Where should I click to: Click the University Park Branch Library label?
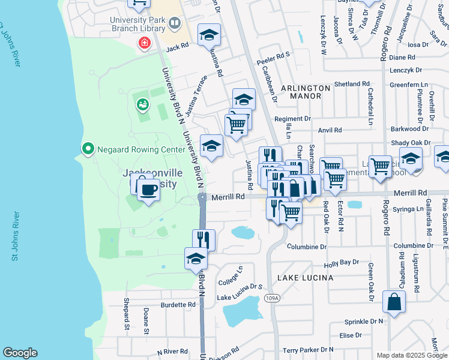138,23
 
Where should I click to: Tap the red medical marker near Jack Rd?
144,43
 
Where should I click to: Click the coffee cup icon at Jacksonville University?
148,190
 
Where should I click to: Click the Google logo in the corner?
20,353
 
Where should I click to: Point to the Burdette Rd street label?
178,305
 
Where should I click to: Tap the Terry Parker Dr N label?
308,350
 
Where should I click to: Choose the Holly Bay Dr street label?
341,263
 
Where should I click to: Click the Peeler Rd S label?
274,54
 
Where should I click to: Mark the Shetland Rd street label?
352,84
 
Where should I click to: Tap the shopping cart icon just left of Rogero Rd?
380,166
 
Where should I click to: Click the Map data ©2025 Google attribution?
411,355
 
